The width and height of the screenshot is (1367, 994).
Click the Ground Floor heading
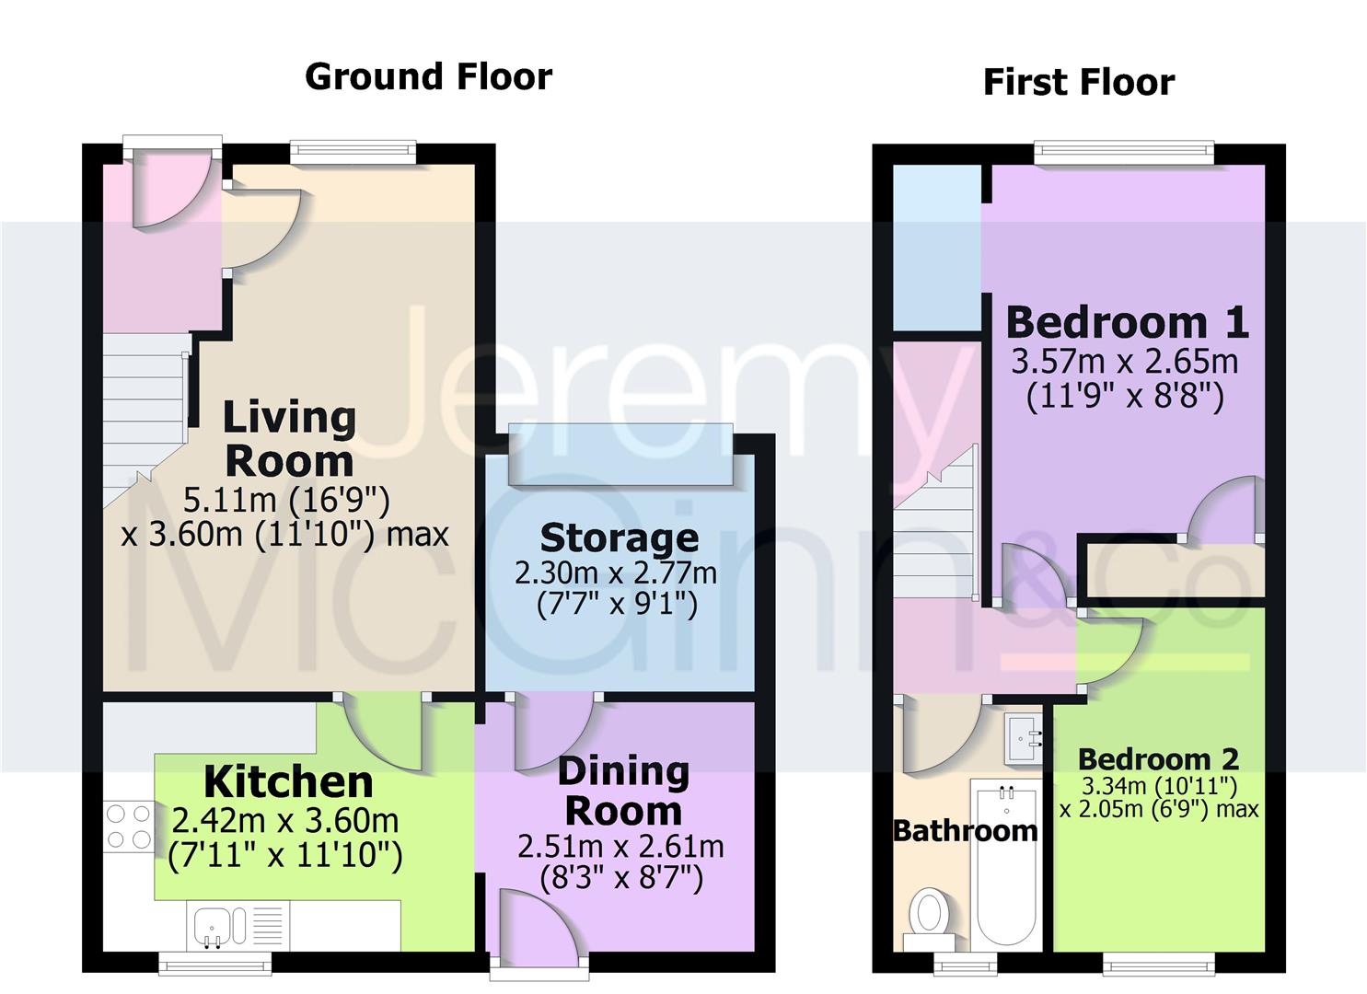(428, 76)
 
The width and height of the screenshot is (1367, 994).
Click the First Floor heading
(1078, 82)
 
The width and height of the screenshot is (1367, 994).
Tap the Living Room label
(289, 439)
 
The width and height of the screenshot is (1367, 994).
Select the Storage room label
(619, 537)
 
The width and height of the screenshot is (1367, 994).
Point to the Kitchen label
(288, 782)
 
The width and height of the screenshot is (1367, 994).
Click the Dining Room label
(623, 791)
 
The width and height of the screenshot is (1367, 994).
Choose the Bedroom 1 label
(1126, 322)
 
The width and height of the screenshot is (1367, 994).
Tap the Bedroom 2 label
(1158, 759)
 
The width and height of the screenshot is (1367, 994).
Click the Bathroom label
(966, 830)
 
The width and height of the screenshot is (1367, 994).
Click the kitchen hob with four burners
(129, 826)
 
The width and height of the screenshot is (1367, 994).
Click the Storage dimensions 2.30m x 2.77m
(616, 572)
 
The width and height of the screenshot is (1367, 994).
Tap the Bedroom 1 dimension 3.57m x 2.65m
(1124, 361)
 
